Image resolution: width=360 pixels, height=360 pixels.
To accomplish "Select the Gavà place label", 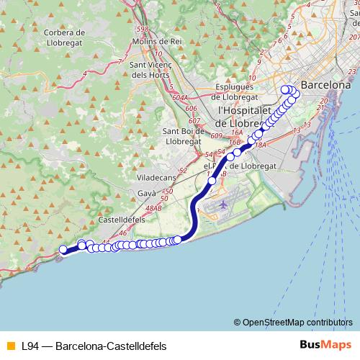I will click(x=147, y=194).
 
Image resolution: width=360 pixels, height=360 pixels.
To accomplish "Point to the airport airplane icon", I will click(x=222, y=205).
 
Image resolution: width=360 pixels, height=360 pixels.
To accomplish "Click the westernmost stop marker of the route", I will click(x=63, y=250).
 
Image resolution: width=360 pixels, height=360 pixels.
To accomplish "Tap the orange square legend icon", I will click(x=10, y=346).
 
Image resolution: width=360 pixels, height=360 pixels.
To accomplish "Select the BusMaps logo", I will click(x=325, y=346).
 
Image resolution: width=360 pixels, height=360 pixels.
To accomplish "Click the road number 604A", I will click(x=180, y=97).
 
